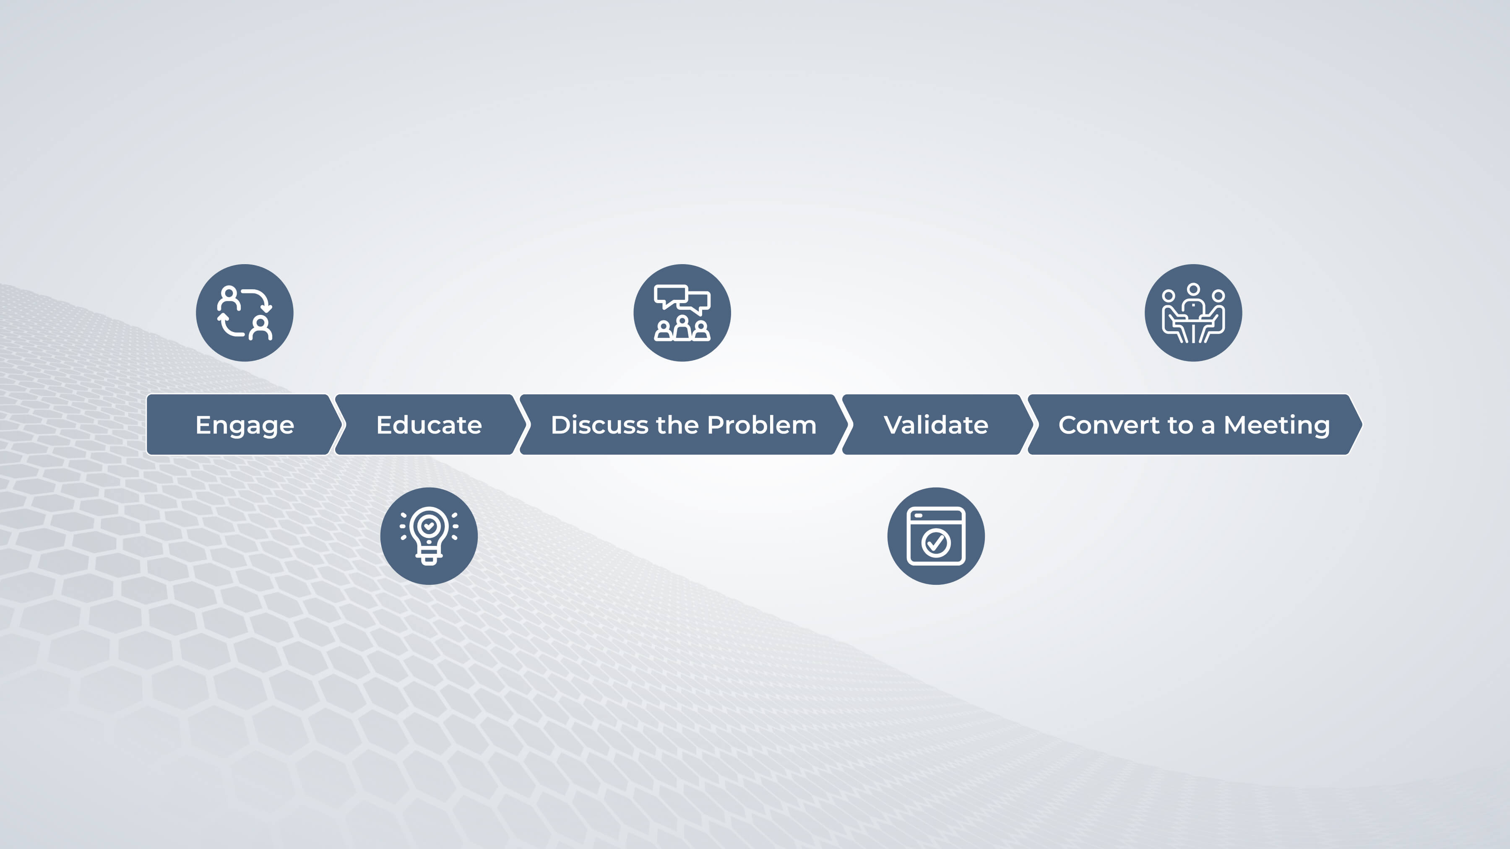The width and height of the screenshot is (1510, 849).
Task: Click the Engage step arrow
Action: (x=243, y=424)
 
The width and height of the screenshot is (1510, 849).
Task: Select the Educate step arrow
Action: (x=430, y=424)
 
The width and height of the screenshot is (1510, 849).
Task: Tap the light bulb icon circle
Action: (x=429, y=535)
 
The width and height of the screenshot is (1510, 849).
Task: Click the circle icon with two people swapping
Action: (x=245, y=312)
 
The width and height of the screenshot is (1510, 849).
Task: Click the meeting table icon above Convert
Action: (x=1193, y=312)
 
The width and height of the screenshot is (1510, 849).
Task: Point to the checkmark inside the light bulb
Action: (x=429, y=526)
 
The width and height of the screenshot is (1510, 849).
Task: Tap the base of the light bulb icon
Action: (x=429, y=558)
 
